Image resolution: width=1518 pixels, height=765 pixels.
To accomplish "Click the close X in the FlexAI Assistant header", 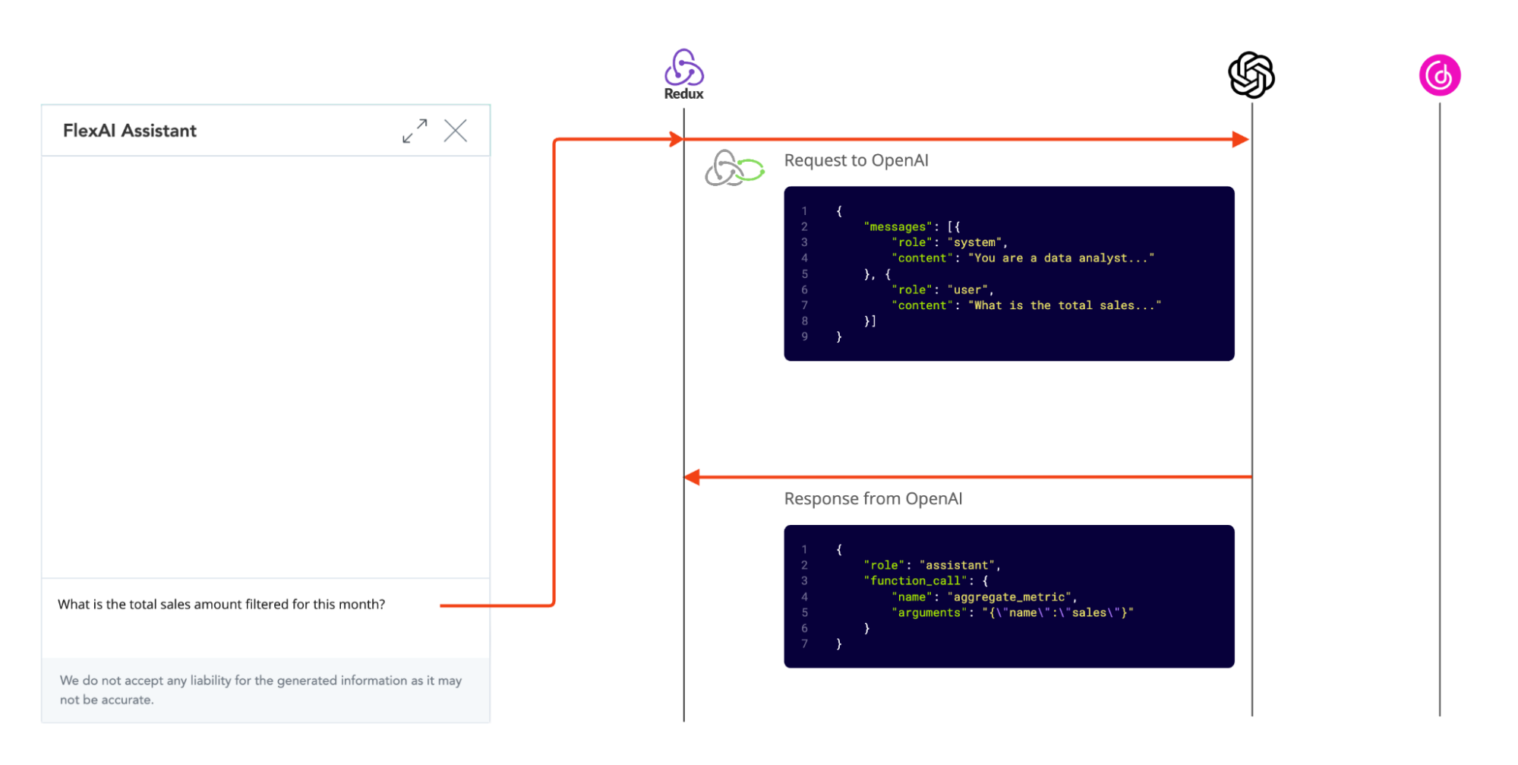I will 456,131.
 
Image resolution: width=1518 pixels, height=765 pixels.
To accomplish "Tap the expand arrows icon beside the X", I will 415,131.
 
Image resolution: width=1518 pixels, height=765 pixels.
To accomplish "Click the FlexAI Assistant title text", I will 130,131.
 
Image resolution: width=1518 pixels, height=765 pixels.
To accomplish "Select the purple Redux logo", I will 684,69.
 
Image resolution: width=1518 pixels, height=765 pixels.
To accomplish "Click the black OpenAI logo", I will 1251,75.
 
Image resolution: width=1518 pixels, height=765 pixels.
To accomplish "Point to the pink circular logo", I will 1440,75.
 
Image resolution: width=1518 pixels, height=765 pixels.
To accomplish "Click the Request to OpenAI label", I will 856,160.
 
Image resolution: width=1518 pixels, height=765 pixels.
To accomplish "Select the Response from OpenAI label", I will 873,498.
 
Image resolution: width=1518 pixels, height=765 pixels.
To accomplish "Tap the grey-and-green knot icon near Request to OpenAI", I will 734,168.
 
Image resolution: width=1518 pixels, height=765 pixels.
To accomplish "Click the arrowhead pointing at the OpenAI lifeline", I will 1241,139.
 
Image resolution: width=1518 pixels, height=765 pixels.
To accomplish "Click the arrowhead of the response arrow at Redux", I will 693,477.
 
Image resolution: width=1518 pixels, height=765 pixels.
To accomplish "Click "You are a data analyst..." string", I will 1061,258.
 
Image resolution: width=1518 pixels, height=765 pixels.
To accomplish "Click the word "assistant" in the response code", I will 957,565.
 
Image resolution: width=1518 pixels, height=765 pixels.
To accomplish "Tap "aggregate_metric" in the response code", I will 1008,597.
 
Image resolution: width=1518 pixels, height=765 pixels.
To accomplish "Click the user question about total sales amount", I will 221,605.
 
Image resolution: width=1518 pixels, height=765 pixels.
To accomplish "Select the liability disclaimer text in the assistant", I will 260,690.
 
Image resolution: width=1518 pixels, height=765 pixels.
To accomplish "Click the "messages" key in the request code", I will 898,226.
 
